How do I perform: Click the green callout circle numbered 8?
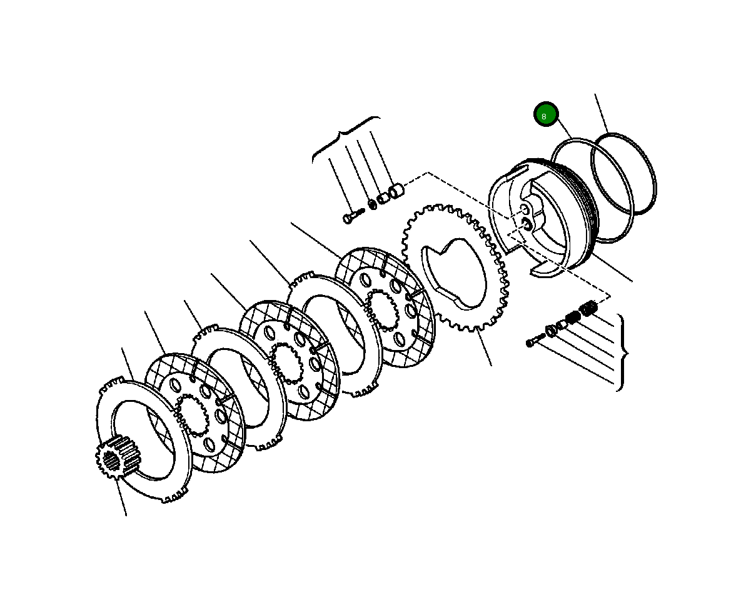click(545, 114)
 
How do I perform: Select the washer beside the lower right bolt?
click(551, 331)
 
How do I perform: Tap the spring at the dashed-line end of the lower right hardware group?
click(588, 308)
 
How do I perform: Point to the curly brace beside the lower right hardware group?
click(622, 352)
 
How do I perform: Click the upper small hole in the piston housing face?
click(523, 209)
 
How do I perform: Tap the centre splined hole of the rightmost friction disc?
click(383, 309)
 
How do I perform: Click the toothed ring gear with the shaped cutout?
click(453, 269)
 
